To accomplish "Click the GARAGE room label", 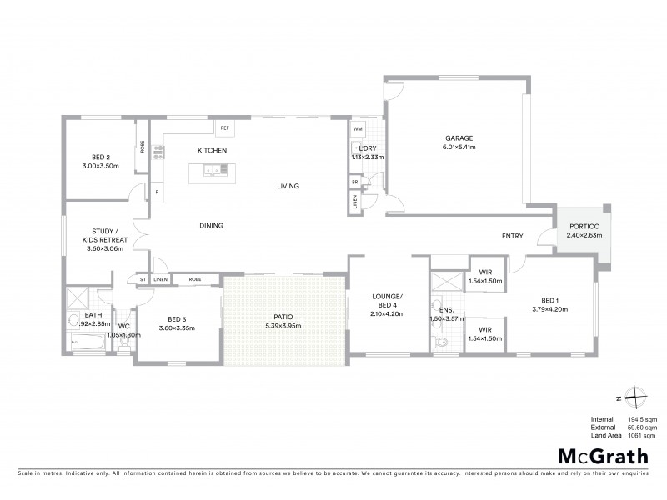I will click(x=459, y=137).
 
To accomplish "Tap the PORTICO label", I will click(x=584, y=226).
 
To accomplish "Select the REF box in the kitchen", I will click(x=223, y=128).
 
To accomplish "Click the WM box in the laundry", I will click(x=357, y=129).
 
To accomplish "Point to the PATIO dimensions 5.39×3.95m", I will click(x=285, y=326).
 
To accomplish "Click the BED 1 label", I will click(x=549, y=300).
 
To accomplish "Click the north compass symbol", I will click(x=635, y=397).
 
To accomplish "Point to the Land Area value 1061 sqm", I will click(x=643, y=434).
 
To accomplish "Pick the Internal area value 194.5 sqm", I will click(x=641, y=419).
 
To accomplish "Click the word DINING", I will click(x=210, y=226).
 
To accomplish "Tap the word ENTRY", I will click(x=513, y=236).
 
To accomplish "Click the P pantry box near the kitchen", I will click(x=156, y=192).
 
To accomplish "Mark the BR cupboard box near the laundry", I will click(x=355, y=182).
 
